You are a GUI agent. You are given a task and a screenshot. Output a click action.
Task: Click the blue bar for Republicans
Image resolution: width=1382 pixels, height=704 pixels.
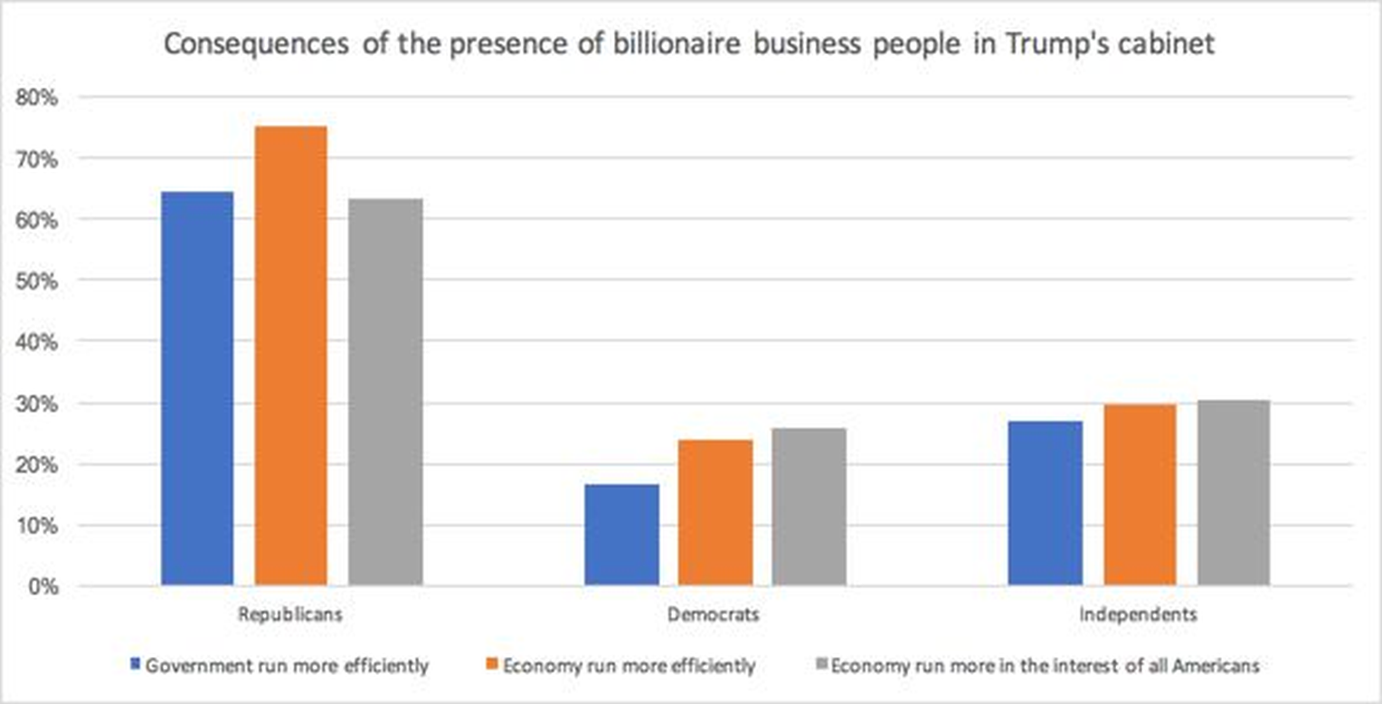(197, 388)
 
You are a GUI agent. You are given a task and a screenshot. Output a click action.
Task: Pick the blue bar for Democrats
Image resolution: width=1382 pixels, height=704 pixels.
(621, 535)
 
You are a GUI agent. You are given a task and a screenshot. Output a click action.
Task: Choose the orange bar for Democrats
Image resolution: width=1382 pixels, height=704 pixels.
(715, 512)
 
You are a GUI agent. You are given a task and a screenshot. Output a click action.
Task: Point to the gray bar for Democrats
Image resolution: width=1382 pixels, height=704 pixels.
(809, 507)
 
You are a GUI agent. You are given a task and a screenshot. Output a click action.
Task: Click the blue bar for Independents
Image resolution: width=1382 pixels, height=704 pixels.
(1046, 503)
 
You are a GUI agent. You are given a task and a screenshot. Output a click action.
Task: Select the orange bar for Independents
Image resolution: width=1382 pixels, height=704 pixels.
(1140, 495)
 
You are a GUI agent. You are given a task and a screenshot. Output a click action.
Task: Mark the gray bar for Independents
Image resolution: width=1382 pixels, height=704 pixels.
(1234, 492)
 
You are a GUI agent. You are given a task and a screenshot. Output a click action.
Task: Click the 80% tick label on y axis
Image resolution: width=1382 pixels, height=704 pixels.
(37, 98)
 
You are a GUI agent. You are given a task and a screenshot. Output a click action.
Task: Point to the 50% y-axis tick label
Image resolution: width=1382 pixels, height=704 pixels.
(37, 281)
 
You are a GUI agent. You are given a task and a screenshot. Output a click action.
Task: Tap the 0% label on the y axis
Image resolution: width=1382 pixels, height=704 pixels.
(42, 586)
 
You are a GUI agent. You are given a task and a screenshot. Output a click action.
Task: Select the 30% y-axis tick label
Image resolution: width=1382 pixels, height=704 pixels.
(37, 404)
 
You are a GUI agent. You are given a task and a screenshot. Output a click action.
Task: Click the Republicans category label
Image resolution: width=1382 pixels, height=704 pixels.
(290, 614)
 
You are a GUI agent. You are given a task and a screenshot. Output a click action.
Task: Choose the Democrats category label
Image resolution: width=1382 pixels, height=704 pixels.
(714, 614)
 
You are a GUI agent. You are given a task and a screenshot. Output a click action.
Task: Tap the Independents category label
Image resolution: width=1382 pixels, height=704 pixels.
(1139, 614)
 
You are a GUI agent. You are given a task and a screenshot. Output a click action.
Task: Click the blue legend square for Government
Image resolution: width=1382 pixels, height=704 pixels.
(136, 665)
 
